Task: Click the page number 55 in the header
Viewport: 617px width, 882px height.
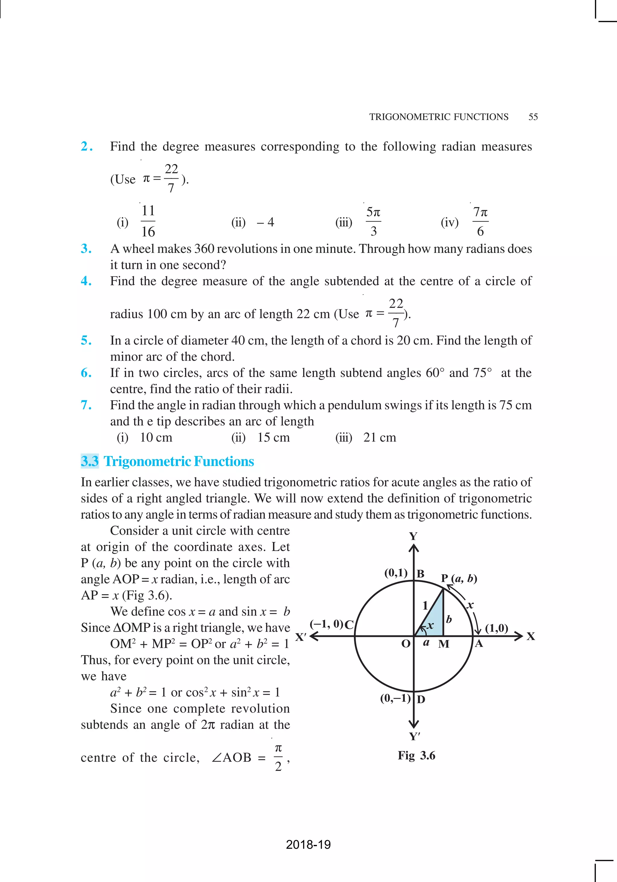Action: point(533,117)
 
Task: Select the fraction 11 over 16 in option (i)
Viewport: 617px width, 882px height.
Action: point(148,221)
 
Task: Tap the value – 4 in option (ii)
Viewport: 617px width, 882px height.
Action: point(265,222)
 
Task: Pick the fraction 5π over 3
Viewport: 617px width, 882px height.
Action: point(373,221)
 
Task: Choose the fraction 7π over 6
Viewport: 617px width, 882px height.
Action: point(480,221)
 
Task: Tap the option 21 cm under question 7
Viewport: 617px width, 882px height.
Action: point(379,438)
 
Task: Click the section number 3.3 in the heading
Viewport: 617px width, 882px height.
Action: point(89,461)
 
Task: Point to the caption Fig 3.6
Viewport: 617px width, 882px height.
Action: point(417,756)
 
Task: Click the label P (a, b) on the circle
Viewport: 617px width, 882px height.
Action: point(459,578)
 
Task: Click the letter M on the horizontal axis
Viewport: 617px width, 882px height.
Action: point(443,644)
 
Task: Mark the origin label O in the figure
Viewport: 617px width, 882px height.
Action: point(406,644)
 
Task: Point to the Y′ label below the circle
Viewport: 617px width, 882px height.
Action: point(414,736)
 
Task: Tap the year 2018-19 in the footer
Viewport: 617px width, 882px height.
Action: point(308,844)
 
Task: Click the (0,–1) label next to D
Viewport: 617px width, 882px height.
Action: point(395,698)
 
